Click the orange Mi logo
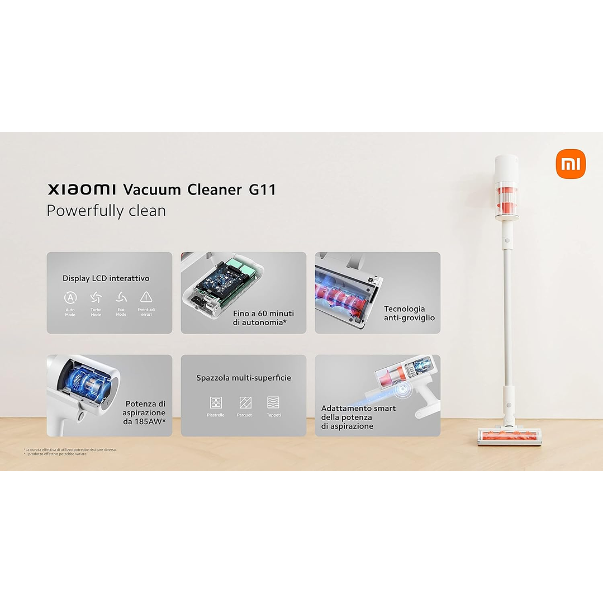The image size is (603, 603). (x=571, y=164)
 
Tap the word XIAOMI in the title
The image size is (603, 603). (x=82, y=189)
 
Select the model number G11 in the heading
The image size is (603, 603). (x=262, y=189)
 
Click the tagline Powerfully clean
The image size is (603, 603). (x=106, y=211)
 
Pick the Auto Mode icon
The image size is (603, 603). (x=70, y=297)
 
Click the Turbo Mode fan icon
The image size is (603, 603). (x=96, y=297)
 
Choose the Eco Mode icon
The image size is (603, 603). (x=121, y=297)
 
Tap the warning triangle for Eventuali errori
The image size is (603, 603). (x=146, y=297)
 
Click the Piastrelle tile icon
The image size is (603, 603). (x=216, y=402)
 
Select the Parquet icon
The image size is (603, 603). (x=245, y=402)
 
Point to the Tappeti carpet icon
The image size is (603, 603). (x=273, y=402)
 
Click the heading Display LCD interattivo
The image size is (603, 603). (x=106, y=278)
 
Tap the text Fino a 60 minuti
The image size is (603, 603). (x=263, y=314)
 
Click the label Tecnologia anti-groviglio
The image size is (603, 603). (x=409, y=313)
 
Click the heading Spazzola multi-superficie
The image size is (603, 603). (x=244, y=378)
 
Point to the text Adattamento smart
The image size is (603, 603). (x=358, y=409)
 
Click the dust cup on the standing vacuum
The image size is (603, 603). (x=506, y=201)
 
